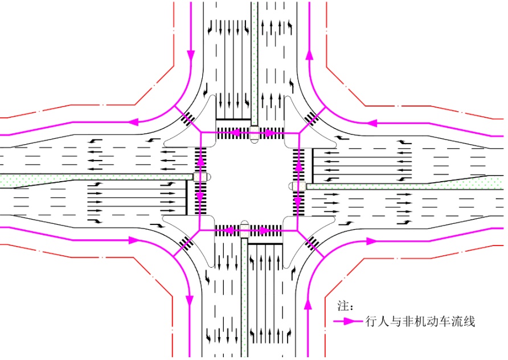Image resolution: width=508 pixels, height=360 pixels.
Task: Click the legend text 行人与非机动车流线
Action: [x=420, y=322]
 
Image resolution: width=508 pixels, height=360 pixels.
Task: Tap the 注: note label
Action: [x=346, y=308]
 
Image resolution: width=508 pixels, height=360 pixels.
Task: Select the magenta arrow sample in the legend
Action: [x=347, y=322]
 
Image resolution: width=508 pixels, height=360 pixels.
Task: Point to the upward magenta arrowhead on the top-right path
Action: [x=310, y=55]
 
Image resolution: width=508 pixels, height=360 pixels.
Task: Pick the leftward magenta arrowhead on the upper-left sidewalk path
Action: [x=134, y=122]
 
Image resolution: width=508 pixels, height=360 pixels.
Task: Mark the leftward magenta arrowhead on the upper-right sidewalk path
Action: [x=372, y=122]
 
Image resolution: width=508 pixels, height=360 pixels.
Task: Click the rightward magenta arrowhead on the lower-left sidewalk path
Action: [x=134, y=240]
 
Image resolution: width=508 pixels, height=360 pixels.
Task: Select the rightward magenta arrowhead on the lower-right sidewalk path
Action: [x=371, y=241]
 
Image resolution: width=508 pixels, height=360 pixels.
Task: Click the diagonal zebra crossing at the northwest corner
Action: [x=188, y=119]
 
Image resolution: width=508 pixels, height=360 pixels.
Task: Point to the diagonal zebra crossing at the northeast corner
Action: [x=311, y=118]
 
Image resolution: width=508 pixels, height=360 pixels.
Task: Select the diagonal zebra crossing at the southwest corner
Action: [x=186, y=243]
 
